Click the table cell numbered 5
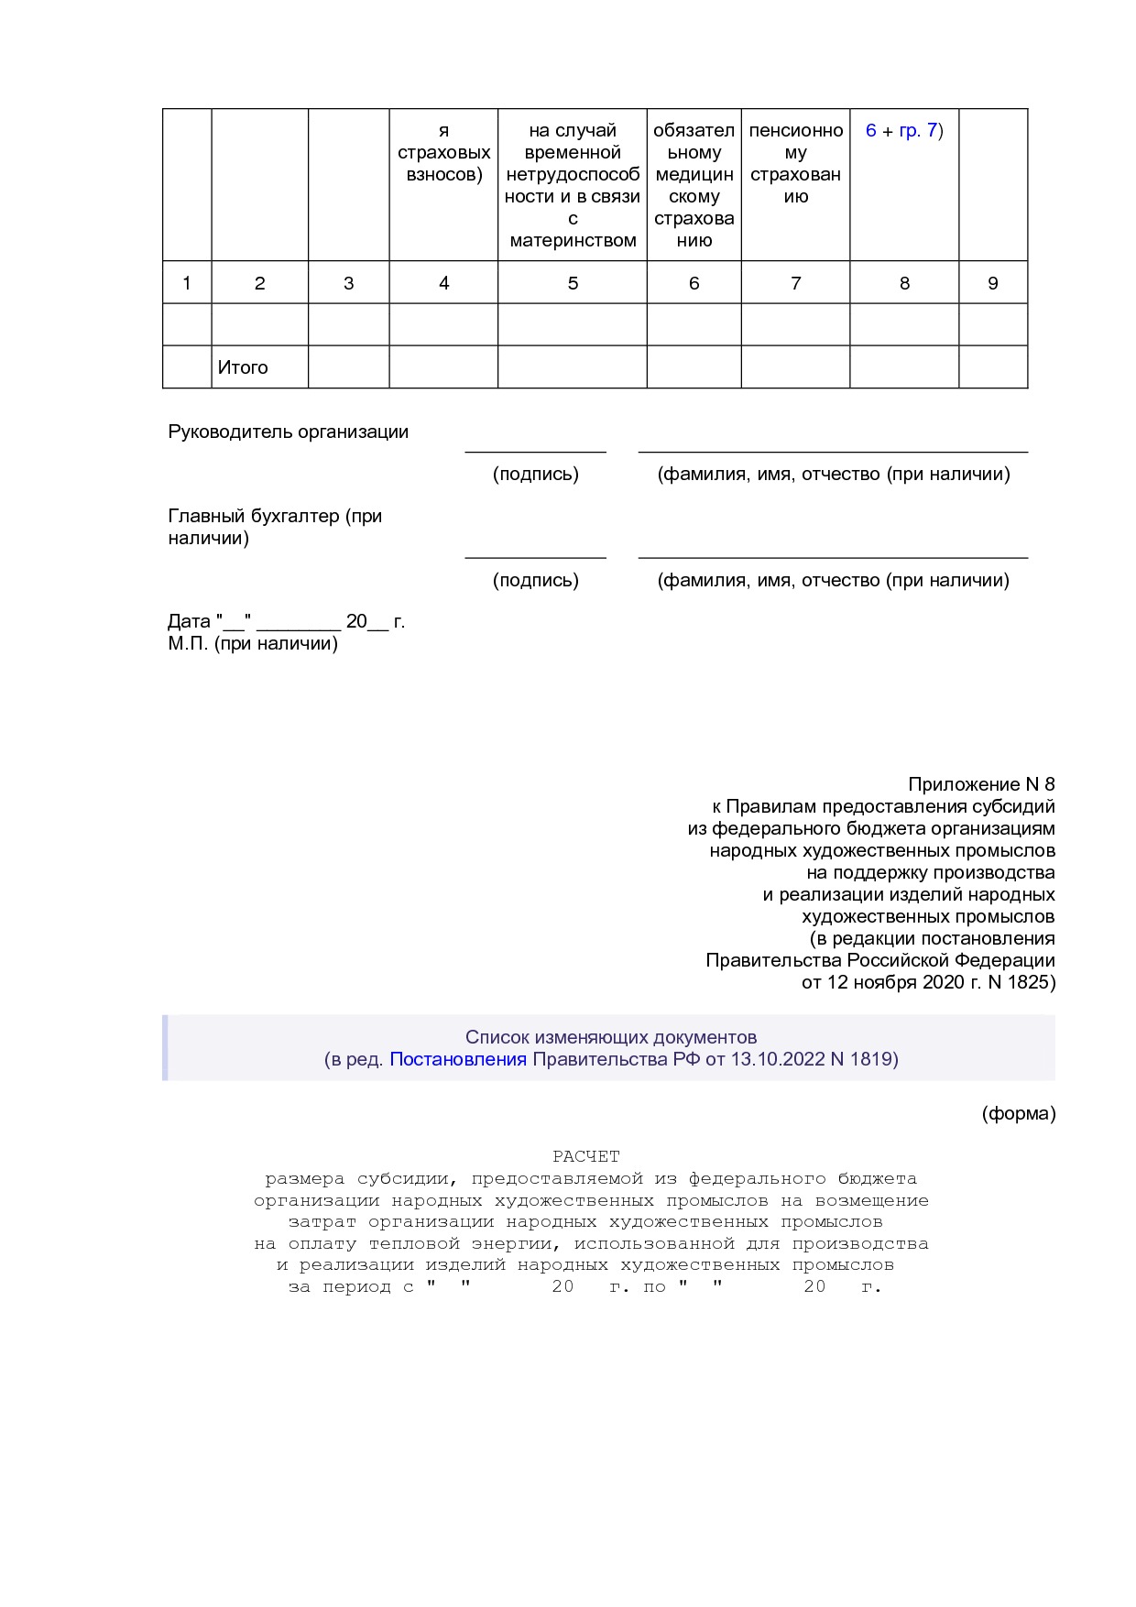(x=573, y=283)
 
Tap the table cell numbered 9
(x=992, y=283)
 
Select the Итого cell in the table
(x=243, y=367)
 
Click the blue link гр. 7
(x=918, y=130)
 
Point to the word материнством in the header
(x=573, y=241)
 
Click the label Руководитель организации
(x=288, y=432)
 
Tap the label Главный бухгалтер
(x=274, y=516)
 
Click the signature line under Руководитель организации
(x=535, y=451)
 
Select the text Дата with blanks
(x=286, y=621)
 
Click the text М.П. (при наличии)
(x=253, y=643)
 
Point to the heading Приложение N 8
(x=980, y=784)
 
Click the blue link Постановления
(x=458, y=1059)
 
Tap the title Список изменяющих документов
(x=610, y=1037)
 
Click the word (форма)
(x=1018, y=1113)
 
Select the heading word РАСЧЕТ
(x=586, y=1156)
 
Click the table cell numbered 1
(x=187, y=283)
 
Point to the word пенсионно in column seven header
(x=795, y=130)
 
